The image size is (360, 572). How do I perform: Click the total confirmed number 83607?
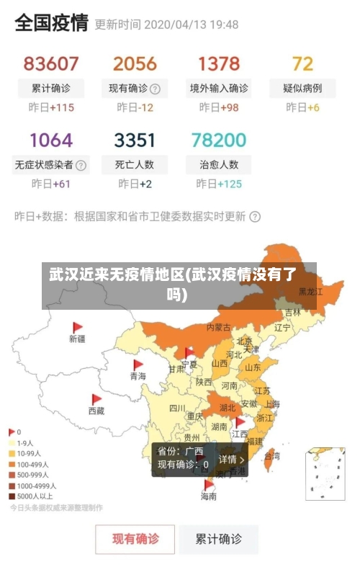[x=50, y=64]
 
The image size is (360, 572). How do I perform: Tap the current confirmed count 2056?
[x=135, y=64]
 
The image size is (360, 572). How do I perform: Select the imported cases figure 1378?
[x=218, y=64]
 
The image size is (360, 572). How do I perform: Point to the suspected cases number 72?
[x=302, y=64]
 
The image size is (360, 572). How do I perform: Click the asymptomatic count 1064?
[x=50, y=140]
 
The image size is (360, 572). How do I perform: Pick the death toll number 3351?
[x=135, y=140]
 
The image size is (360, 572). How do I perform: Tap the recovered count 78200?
[x=218, y=140]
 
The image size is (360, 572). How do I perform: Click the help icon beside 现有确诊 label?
[x=155, y=89]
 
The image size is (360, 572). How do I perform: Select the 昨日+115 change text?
[x=50, y=107]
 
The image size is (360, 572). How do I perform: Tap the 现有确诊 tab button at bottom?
[x=135, y=539]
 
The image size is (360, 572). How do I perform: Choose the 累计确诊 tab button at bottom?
[x=219, y=539]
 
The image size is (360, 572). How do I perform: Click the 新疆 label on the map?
[x=77, y=339]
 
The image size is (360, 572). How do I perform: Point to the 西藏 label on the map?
[x=96, y=411]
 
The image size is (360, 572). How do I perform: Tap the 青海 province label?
[x=138, y=376]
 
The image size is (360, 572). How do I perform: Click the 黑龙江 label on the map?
[x=311, y=292]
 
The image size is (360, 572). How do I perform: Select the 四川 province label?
[x=177, y=408]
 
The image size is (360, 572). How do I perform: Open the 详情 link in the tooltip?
[x=232, y=460]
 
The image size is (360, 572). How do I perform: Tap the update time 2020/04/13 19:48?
[x=191, y=24]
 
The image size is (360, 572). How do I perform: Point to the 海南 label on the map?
[x=208, y=496]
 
